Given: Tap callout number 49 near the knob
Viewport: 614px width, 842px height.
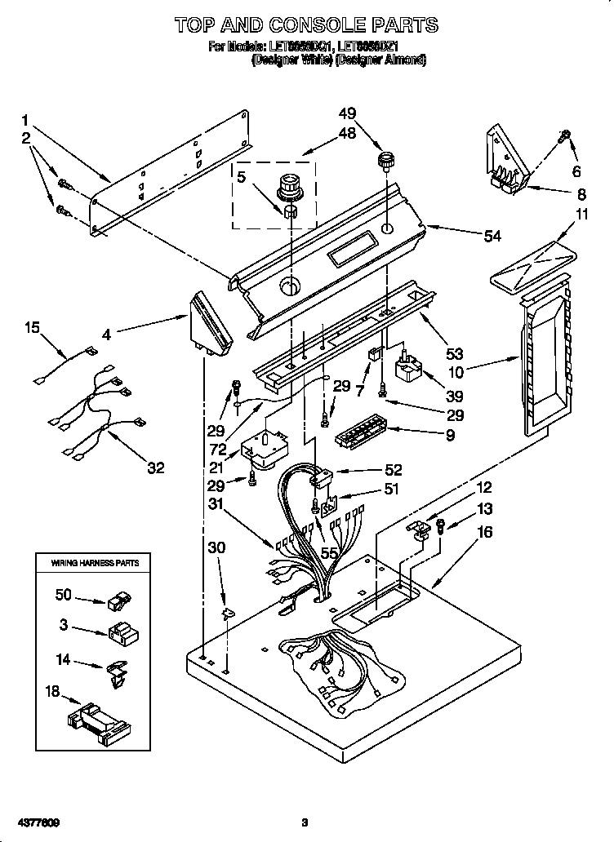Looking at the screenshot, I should [348, 113].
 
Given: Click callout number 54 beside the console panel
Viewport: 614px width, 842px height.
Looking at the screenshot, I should [492, 236].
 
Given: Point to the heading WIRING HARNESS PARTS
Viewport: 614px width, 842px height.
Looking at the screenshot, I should [96, 563].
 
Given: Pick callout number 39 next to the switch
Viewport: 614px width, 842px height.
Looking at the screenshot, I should [454, 397].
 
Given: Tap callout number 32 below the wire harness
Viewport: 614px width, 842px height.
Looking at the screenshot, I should [155, 468].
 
